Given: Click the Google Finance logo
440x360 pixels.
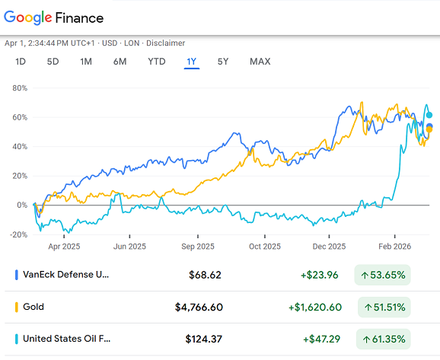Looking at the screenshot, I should coord(54,17).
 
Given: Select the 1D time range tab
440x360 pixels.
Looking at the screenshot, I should coord(21,62).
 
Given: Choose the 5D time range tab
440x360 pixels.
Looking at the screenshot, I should coord(53,62).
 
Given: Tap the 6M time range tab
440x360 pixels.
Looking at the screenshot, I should coord(120,62).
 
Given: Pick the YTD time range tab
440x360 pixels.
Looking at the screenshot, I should coord(156,62).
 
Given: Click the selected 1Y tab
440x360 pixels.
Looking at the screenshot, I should coord(192,62).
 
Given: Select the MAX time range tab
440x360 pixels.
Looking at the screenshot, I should coord(260,62).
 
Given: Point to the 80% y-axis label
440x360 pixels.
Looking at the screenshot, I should coord(19,88).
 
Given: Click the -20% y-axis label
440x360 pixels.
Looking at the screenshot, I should coord(18,234).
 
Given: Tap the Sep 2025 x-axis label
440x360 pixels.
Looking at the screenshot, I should coord(198,247).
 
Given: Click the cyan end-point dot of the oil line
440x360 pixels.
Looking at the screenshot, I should coord(430,115).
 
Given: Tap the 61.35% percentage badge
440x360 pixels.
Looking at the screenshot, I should coord(382,339).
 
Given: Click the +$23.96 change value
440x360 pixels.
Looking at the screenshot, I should coord(322,274).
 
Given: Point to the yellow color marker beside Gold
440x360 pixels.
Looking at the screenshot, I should coord(17,307).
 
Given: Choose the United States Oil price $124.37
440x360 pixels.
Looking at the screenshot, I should coord(205,339).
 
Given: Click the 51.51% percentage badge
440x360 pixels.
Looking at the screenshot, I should coord(382,307).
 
